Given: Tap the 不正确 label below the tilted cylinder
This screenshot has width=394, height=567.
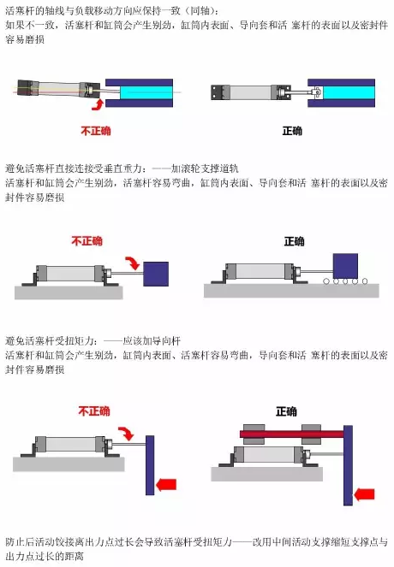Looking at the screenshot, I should coord(95,131).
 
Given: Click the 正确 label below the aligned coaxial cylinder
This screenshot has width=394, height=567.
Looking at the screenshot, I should coord(292,131).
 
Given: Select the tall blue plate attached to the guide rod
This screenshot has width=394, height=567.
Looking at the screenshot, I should coord(348,462).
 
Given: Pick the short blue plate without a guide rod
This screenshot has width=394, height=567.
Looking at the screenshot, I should coord(150,464).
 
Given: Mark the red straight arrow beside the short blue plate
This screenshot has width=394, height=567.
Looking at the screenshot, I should coord(166,485).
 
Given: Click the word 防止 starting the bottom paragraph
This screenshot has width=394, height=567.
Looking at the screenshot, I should coord(15,542).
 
